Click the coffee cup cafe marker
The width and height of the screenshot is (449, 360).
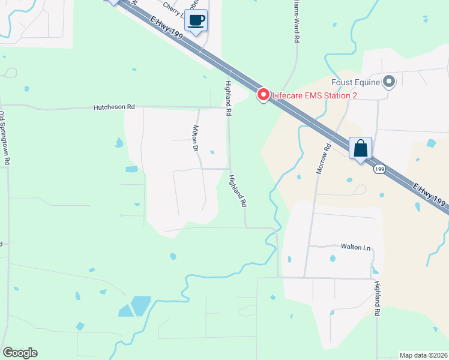tap(196, 21)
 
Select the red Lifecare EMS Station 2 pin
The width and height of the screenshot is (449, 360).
tap(263, 95)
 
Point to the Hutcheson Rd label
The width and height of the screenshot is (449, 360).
tap(114, 107)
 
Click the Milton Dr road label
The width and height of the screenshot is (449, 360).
tap(195, 137)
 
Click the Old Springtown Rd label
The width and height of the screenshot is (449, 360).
tap(5, 139)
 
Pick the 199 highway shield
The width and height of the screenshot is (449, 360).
tap(378, 170)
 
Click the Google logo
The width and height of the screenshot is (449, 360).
tap(20, 352)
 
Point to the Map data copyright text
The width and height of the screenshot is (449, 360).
tap(423, 355)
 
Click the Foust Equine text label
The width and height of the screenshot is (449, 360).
tap(355, 82)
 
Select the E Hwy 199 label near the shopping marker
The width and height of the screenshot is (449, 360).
tap(430, 197)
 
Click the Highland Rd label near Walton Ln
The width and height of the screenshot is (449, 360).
tap(377, 299)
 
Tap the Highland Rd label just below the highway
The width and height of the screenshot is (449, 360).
tap(228, 98)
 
